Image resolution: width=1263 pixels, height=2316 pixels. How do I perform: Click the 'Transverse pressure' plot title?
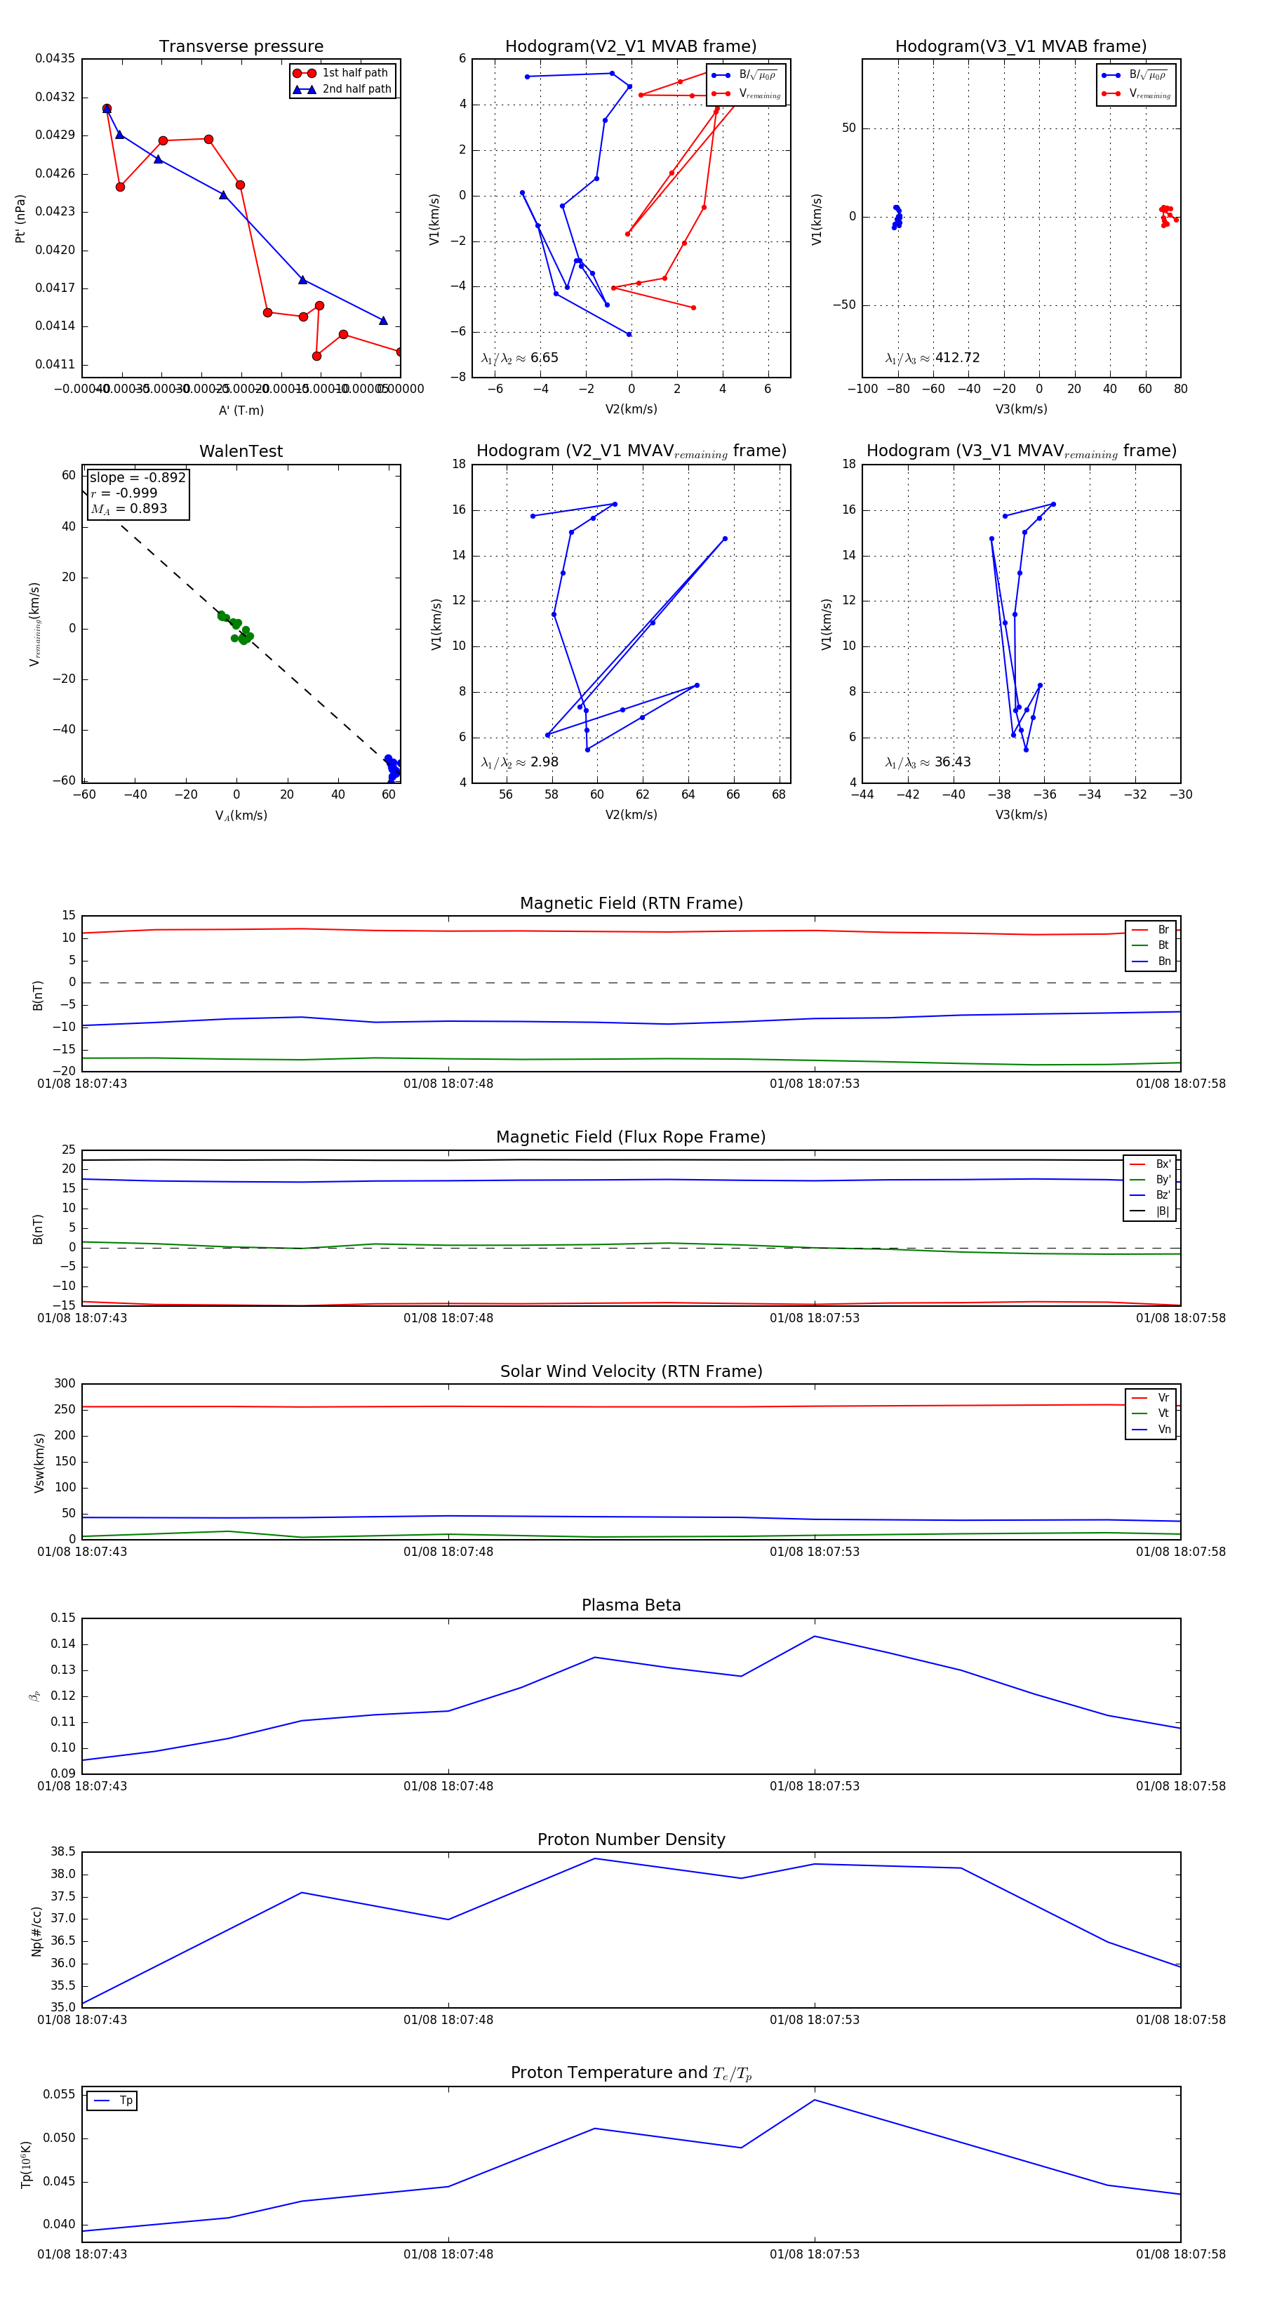point(241,47)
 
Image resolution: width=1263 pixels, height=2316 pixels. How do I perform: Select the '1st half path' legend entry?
point(354,73)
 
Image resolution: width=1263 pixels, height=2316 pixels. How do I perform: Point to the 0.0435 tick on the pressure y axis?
point(55,58)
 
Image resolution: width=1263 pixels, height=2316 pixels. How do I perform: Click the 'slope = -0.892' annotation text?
point(138,477)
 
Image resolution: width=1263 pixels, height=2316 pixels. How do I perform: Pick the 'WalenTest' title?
point(241,451)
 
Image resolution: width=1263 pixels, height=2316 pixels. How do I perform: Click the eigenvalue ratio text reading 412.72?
point(956,358)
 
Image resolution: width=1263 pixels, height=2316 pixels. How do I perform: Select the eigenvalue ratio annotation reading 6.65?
point(544,358)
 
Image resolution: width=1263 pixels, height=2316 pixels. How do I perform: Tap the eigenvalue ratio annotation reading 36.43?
point(952,762)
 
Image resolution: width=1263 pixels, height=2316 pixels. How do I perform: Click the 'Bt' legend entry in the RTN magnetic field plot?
point(1163,945)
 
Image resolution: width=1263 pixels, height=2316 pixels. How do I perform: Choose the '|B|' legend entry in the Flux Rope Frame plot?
point(1163,1211)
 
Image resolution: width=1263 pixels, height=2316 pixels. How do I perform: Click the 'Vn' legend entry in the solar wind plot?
point(1163,1429)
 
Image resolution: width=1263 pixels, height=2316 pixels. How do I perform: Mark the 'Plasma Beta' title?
point(631,1605)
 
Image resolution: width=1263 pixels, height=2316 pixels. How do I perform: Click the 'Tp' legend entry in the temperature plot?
point(125,2101)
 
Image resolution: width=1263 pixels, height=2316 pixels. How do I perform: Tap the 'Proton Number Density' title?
point(631,1839)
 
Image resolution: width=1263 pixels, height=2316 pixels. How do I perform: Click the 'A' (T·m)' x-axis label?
point(241,410)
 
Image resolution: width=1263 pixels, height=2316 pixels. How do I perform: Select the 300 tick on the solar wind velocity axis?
point(64,1384)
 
